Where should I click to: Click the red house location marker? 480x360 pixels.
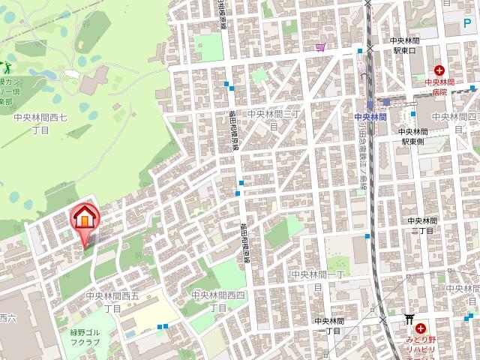[85, 220]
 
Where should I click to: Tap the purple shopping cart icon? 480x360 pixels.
[321, 47]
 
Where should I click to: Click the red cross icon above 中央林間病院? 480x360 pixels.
[438, 71]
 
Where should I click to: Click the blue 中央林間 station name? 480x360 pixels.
[370, 117]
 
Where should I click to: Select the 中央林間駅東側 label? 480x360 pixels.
[413, 136]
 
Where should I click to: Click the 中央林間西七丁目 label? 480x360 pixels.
[40, 124]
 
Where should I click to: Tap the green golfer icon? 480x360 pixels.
[3, 67]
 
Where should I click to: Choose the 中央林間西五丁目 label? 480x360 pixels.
[112, 301]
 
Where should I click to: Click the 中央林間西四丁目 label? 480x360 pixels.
[217, 301]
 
